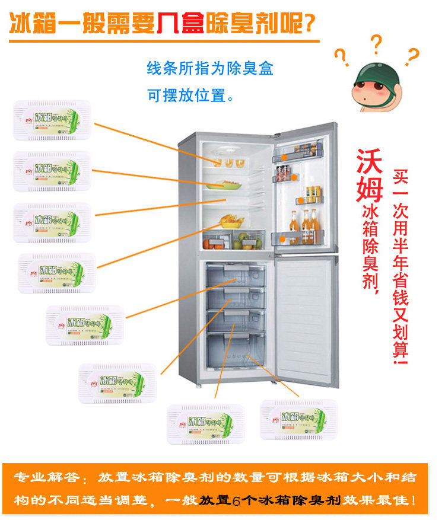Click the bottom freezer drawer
click(235, 351)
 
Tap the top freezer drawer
click(235, 275)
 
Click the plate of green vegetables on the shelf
click(224, 184)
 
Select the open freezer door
click(306, 320)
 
